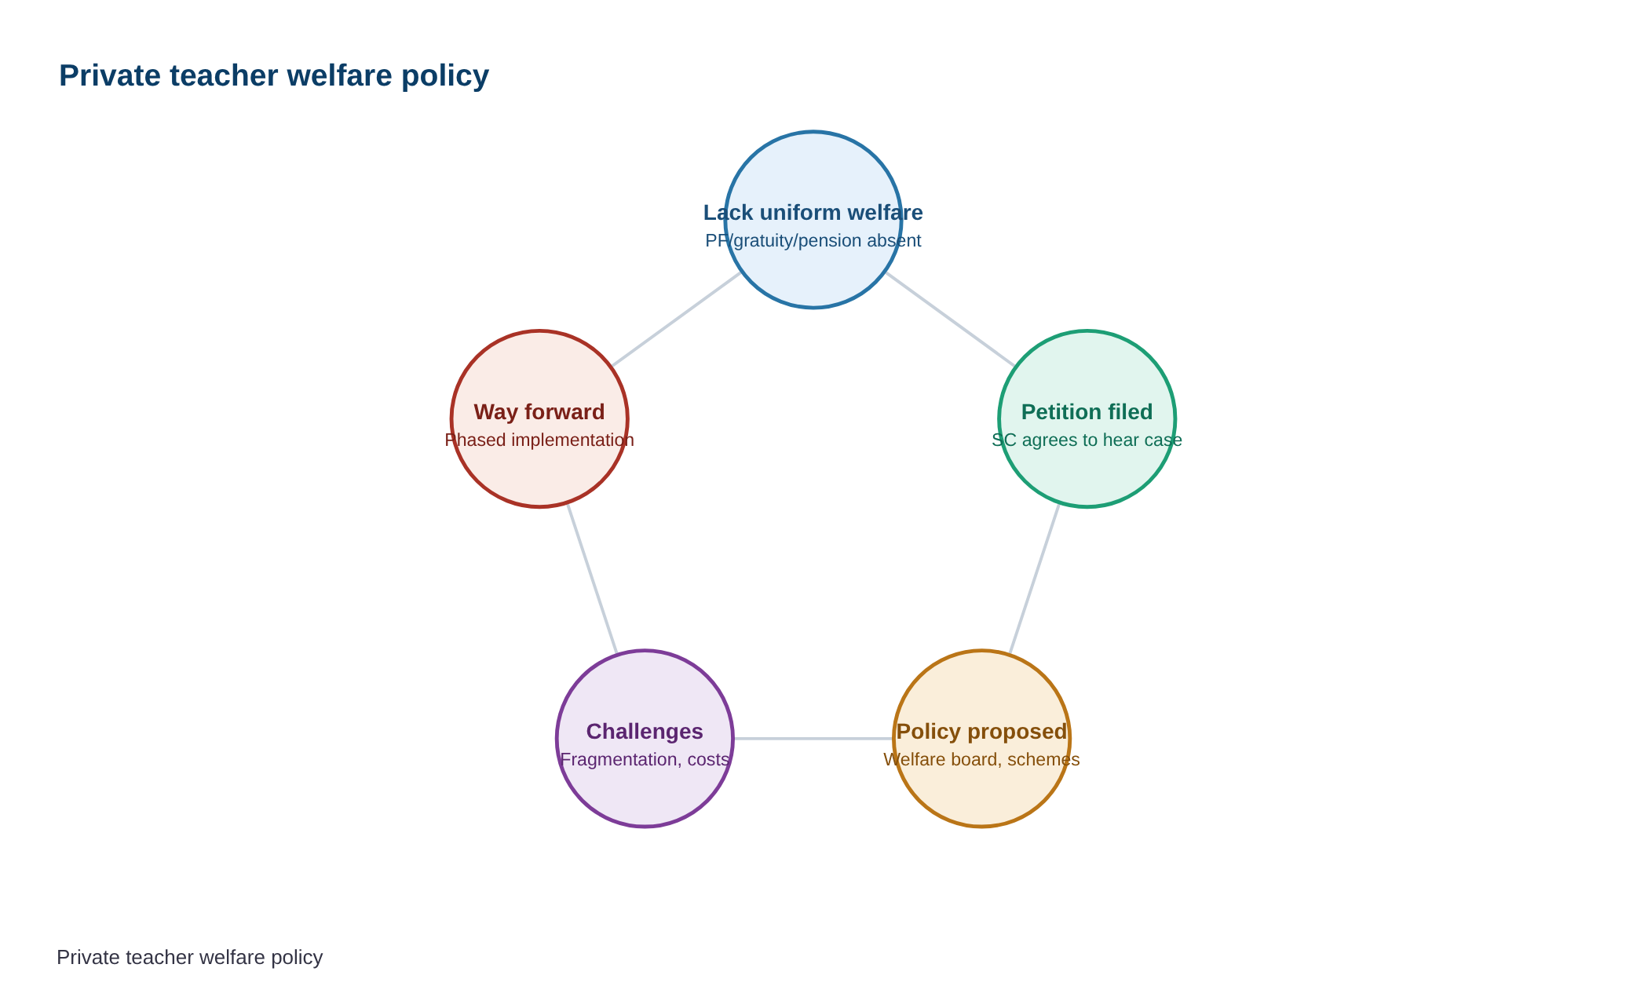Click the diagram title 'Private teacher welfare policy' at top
pos(274,76)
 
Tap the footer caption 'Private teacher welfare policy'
pos(190,958)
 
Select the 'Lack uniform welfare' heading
pos(813,213)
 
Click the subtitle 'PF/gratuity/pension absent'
pos(813,240)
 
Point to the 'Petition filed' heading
pos(1087,412)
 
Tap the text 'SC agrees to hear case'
pos(1087,440)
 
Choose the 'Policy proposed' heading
pos(982,732)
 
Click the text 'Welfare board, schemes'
pos(982,759)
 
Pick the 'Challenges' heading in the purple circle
pos(645,732)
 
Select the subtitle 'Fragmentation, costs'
pos(645,759)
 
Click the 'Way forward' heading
pos(539,412)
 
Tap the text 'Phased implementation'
pos(539,440)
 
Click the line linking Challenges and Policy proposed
pos(813,739)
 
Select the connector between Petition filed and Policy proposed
pos(1035,579)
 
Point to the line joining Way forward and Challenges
pos(592,579)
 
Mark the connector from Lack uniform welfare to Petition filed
pos(950,320)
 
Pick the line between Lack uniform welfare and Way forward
pos(677,320)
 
